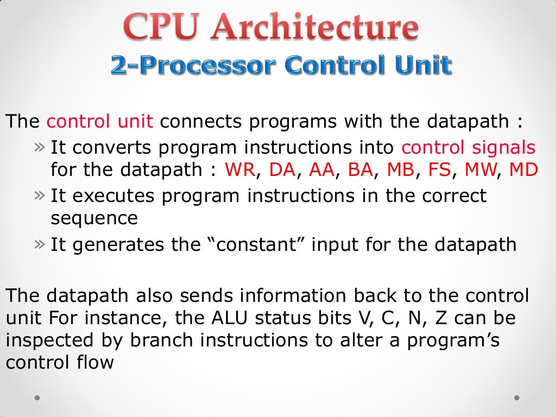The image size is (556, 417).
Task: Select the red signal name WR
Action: click(239, 170)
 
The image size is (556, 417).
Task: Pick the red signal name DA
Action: click(282, 170)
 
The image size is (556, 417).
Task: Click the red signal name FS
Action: click(440, 170)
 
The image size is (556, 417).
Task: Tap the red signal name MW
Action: click(480, 170)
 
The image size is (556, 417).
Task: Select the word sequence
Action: click(94, 218)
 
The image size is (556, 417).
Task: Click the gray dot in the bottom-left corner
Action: click(37, 397)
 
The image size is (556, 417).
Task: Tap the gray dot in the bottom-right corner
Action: click(517, 397)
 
